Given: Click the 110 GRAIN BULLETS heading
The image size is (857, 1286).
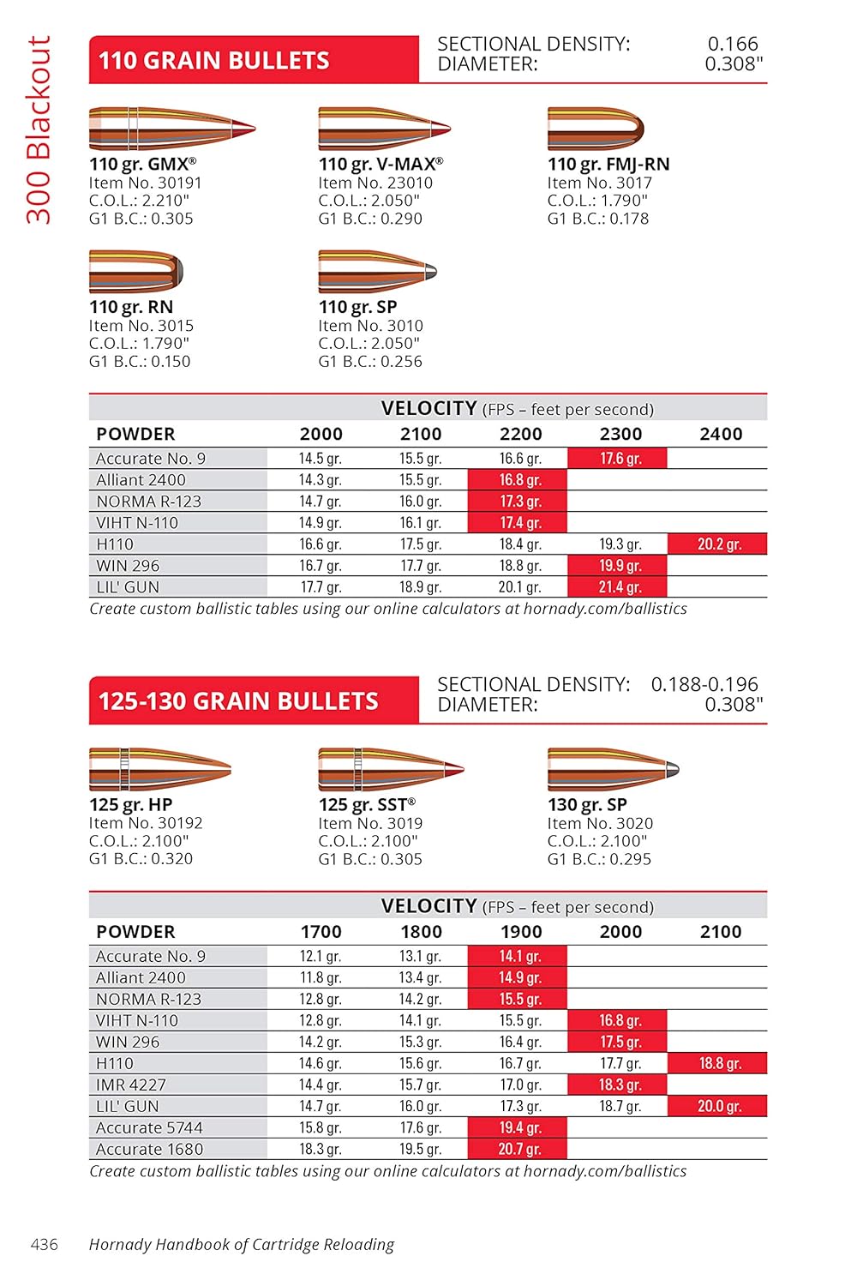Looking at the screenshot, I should (213, 60).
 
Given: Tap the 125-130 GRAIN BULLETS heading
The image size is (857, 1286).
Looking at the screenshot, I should (238, 700).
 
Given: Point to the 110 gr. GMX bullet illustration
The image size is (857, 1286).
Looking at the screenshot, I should (171, 129).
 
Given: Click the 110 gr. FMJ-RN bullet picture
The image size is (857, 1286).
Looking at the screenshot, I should (596, 129).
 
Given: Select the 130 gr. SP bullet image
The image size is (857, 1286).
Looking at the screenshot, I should (613, 768).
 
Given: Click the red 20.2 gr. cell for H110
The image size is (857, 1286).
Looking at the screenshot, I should (718, 544).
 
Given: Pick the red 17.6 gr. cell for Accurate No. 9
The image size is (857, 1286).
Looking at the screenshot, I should (620, 458).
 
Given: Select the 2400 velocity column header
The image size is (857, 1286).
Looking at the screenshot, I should (720, 434).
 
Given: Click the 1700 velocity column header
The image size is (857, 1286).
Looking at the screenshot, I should (321, 931).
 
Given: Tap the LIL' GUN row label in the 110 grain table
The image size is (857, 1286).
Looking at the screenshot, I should (128, 587).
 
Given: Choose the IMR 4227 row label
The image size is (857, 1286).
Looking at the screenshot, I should (131, 1085).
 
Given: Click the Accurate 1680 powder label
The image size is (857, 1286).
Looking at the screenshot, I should (149, 1149).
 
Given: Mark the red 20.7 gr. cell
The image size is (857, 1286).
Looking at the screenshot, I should (518, 1149).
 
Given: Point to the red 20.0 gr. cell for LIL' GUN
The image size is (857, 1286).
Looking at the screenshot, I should (718, 1106).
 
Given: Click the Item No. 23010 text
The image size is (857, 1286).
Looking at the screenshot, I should (375, 183).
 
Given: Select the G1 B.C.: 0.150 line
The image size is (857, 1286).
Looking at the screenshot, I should (140, 361).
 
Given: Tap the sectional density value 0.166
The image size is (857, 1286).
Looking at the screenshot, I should (733, 44).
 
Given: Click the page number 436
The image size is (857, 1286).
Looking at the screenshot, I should (45, 1244).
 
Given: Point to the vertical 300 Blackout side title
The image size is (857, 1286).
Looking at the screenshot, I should (39, 129).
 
